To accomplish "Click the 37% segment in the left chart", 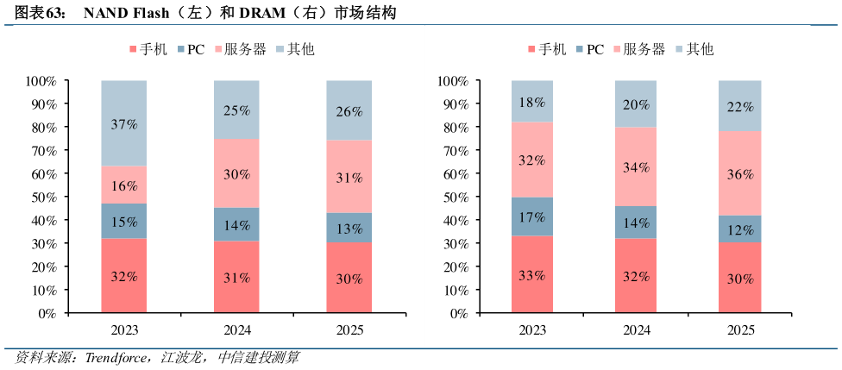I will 124,123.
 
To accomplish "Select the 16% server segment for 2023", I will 124,185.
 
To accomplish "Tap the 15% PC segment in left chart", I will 124,222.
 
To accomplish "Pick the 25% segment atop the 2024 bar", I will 236,110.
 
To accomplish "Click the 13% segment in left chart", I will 349,229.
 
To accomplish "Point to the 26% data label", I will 349,111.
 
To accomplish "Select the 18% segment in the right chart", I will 532,102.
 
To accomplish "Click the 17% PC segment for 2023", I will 532,217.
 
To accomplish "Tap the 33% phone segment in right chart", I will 532,275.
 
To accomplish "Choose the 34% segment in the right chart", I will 637,166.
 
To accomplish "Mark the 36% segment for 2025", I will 740,173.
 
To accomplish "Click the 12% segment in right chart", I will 740,230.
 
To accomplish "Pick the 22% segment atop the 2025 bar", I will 740,106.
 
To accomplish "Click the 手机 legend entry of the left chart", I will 148,49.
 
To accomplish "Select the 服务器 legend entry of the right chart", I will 643,49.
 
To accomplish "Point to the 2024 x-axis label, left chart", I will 236,330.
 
